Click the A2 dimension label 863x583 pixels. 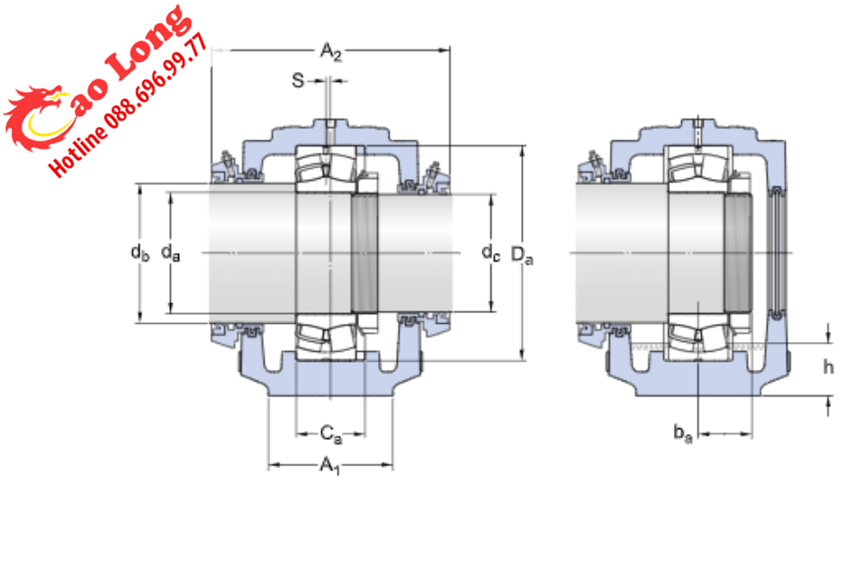(x=330, y=52)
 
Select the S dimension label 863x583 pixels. (x=298, y=81)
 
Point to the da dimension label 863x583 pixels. (x=170, y=254)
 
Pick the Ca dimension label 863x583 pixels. (x=330, y=434)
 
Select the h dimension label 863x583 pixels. (x=829, y=367)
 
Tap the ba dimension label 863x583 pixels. (x=683, y=434)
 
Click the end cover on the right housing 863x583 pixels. (x=778, y=253)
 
